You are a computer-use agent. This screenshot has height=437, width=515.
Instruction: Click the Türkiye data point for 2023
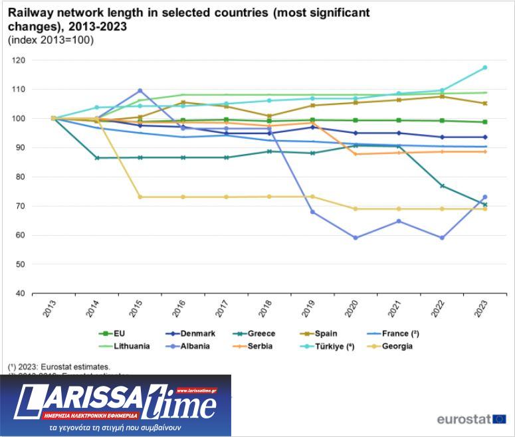tap(485, 68)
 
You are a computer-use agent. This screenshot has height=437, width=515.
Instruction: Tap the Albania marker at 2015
tap(140, 91)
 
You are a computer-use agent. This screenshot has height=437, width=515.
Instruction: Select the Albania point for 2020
tap(356, 238)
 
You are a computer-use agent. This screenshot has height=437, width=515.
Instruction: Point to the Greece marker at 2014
tap(98, 158)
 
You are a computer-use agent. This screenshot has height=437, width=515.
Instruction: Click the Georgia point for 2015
tap(140, 197)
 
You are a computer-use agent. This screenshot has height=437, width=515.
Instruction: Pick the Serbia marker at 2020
tap(356, 154)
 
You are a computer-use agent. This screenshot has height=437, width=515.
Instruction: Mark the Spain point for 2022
tap(442, 96)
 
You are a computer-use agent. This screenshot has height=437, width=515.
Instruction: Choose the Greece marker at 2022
tap(442, 186)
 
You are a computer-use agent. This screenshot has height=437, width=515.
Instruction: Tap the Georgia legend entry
tap(392, 345)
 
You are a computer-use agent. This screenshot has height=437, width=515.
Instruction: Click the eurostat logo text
tap(463, 419)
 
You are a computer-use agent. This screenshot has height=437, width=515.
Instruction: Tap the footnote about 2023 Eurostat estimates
tap(59, 366)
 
